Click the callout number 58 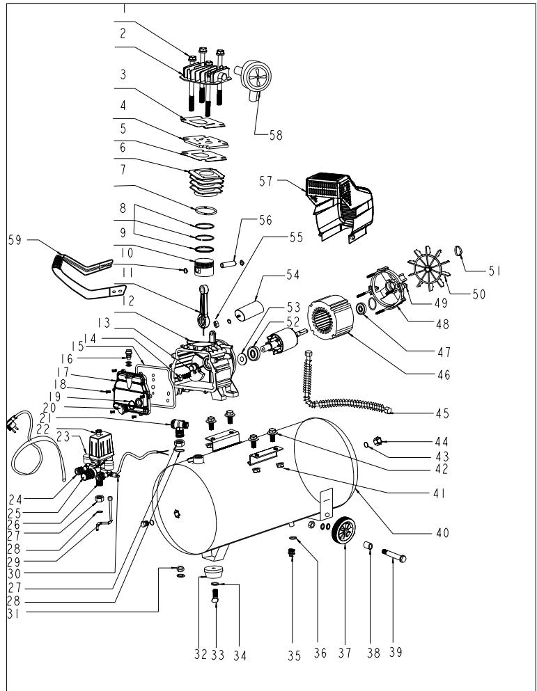coord(276,135)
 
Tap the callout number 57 coord(266,181)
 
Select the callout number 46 coord(444,375)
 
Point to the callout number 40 coord(442,533)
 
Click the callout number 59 coord(15,241)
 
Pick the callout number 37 coord(345,653)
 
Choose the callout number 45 coord(442,413)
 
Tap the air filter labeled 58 coord(254,79)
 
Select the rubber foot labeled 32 coord(214,572)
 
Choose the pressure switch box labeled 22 coord(100,445)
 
